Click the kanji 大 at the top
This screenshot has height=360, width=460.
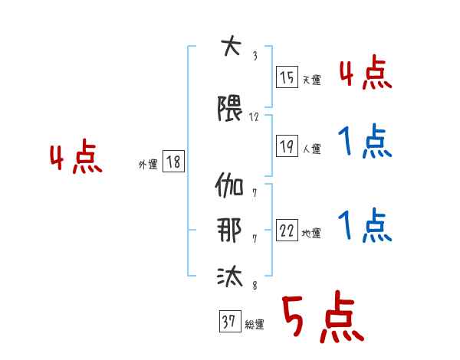(x=232, y=45)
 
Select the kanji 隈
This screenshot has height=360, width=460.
(x=230, y=108)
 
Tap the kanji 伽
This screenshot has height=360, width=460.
(x=229, y=185)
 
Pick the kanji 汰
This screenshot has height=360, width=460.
(x=230, y=276)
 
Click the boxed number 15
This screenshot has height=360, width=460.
(x=287, y=77)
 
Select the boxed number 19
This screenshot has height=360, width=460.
(x=287, y=146)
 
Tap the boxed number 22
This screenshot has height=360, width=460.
(x=287, y=230)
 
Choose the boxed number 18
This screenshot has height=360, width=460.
(x=173, y=161)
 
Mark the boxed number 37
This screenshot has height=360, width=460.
(x=230, y=321)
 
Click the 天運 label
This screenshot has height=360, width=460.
(x=312, y=80)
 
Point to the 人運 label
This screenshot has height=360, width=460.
(x=312, y=149)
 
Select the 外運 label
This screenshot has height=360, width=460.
(x=148, y=165)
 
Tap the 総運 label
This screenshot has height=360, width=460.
(x=255, y=325)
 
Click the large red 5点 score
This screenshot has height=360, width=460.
(x=323, y=316)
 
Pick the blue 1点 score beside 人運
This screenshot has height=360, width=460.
(x=365, y=141)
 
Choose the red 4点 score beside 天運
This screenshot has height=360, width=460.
(x=366, y=72)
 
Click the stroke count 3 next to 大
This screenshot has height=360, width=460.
(x=255, y=56)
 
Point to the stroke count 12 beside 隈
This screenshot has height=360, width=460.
(x=254, y=117)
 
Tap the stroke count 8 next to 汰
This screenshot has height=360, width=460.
(x=255, y=285)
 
